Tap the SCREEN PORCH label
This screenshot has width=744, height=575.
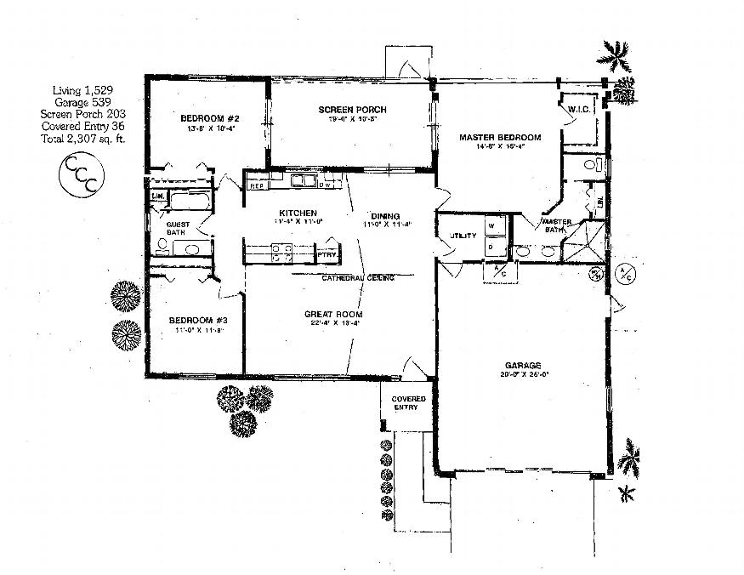[353, 110]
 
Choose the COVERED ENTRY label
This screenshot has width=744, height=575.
[407, 403]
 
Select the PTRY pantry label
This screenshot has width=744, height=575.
[326, 254]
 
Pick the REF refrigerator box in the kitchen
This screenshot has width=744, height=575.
[257, 185]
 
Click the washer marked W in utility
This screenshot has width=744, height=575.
[493, 225]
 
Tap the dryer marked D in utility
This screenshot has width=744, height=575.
[493, 246]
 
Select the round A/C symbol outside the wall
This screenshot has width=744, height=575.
[625, 274]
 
